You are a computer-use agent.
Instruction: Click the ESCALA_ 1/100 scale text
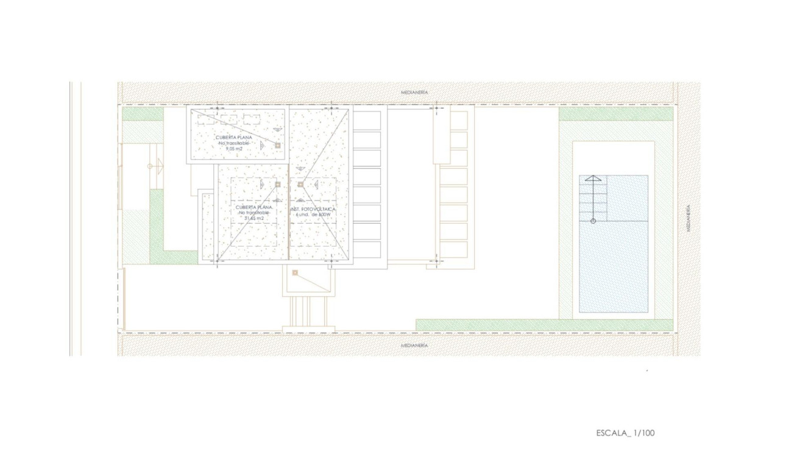coord(625,433)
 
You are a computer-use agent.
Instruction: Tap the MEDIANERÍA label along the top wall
coord(414,92)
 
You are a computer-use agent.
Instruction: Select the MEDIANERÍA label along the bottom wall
coord(414,345)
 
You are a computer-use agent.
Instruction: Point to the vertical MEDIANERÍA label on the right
coord(689,218)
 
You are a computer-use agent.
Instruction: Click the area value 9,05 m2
coord(235,148)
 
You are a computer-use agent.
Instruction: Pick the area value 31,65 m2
coord(254,218)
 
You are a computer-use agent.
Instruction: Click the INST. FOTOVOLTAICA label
coord(314,208)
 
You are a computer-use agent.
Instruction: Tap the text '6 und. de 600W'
coord(313,215)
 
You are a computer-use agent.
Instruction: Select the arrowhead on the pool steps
coord(593,179)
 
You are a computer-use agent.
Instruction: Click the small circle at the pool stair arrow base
coord(593,221)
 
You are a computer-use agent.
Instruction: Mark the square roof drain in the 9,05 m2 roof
coord(277,146)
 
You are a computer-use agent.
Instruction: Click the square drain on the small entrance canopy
coord(295,272)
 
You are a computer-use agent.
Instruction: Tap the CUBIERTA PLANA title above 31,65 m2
coord(254,207)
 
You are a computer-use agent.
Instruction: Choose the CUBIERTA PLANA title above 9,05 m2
coord(234,137)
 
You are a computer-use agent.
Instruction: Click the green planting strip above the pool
coord(615,114)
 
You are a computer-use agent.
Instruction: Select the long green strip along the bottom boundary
coord(543,325)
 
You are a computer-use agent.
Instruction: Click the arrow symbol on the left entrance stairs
coord(151,166)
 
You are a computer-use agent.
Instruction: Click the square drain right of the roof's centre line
coord(300,184)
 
